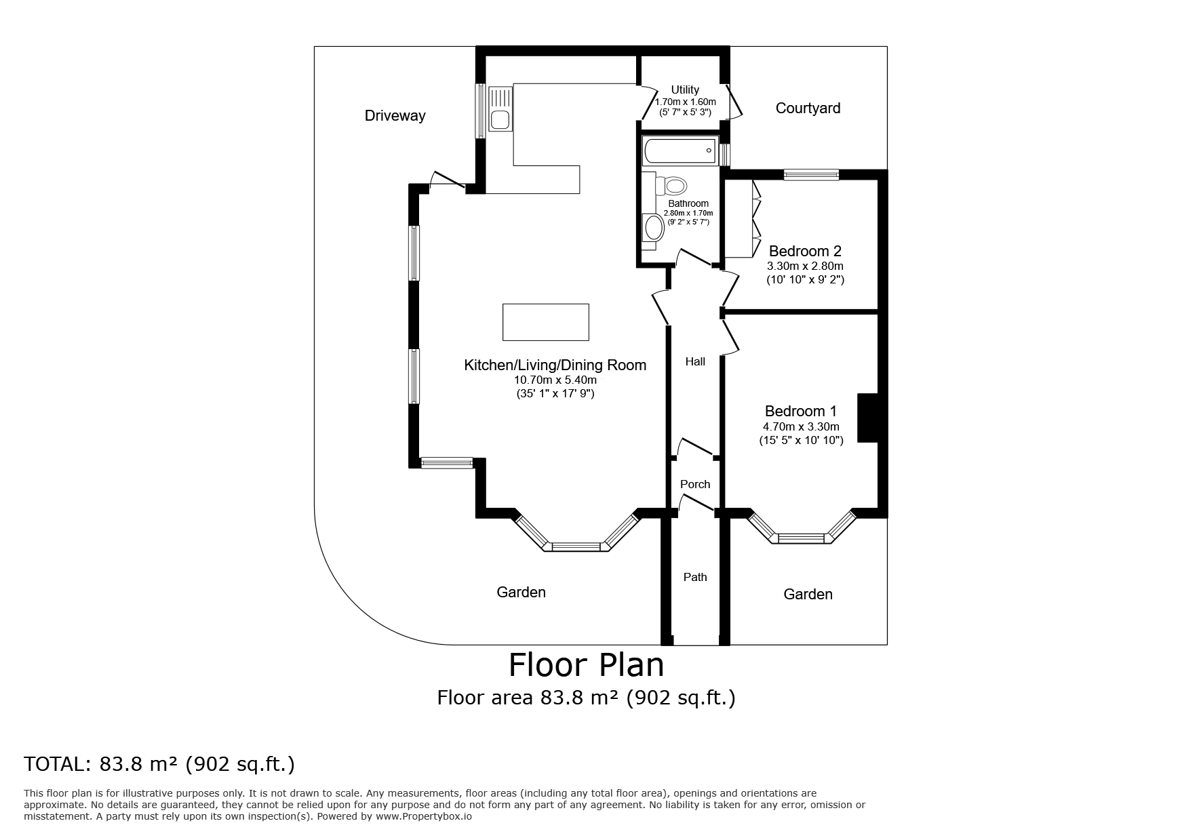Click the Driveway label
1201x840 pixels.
click(395, 115)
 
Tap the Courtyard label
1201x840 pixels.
click(808, 108)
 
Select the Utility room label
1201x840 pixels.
click(685, 89)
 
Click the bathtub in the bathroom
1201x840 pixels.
click(680, 151)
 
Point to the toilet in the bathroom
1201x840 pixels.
click(671, 185)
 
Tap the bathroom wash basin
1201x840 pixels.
click(654, 228)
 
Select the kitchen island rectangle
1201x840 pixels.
click(545, 322)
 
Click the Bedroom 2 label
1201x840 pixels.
click(805, 251)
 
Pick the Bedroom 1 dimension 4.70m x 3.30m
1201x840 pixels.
click(801, 426)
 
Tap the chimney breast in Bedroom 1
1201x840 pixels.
click(868, 418)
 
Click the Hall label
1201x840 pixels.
click(695, 361)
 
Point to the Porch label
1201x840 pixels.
click(695, 484)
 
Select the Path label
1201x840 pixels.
click(695, 577)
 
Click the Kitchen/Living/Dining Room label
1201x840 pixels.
click(555, 365)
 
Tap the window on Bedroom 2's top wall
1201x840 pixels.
click(811, 175)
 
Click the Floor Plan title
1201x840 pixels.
click(587, 665)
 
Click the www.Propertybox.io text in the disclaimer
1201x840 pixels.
click(424, 817)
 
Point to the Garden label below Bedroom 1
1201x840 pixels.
click(808, 595)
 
